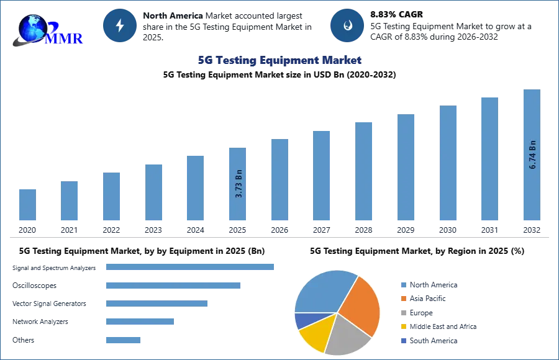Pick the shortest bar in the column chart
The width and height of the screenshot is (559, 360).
tap(27, 205)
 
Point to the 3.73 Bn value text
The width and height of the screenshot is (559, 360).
tap(239, 183)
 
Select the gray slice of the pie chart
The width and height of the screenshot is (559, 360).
tap(345, 335)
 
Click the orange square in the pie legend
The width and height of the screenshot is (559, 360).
tap(403, 298)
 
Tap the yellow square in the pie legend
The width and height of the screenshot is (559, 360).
tap(403, 327)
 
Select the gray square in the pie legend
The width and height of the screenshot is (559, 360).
tap(403, 313)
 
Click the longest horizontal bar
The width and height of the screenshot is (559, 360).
tap(191, 268)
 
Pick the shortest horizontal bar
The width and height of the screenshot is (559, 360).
tap(124, 340)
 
